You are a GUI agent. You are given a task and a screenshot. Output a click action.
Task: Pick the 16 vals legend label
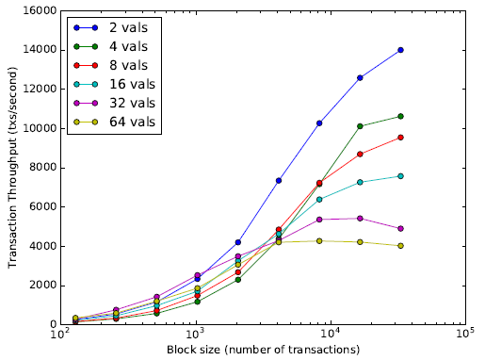pos(132,84)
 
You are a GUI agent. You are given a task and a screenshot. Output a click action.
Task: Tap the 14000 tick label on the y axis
pos(40,50)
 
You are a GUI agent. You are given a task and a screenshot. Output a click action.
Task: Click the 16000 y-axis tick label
pos(40,11)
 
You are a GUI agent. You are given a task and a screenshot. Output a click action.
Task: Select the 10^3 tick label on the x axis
pos(196,333)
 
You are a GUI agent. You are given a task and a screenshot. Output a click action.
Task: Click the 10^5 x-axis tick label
pos(465,333)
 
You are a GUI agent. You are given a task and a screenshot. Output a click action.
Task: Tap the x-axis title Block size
pos(263,350)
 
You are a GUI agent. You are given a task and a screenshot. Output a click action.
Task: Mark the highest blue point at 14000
pos(400,50)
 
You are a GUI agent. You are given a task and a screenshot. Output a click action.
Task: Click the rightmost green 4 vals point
pos(400,116)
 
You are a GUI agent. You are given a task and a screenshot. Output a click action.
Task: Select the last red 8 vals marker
pos(400,138)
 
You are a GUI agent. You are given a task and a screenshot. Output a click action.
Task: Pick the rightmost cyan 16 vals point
pos(400,176)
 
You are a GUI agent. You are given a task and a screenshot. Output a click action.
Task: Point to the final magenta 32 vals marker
pos(400,228)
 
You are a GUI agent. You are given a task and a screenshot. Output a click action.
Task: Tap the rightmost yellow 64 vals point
pos(400,246)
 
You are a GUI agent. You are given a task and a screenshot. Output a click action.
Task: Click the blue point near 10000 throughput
pos(319,123)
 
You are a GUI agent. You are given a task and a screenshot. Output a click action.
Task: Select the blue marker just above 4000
pos(238,242)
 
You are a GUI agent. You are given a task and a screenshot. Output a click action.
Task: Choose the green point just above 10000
pos(360,126)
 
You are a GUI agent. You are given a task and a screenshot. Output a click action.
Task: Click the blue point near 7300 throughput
pos(279,180)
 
